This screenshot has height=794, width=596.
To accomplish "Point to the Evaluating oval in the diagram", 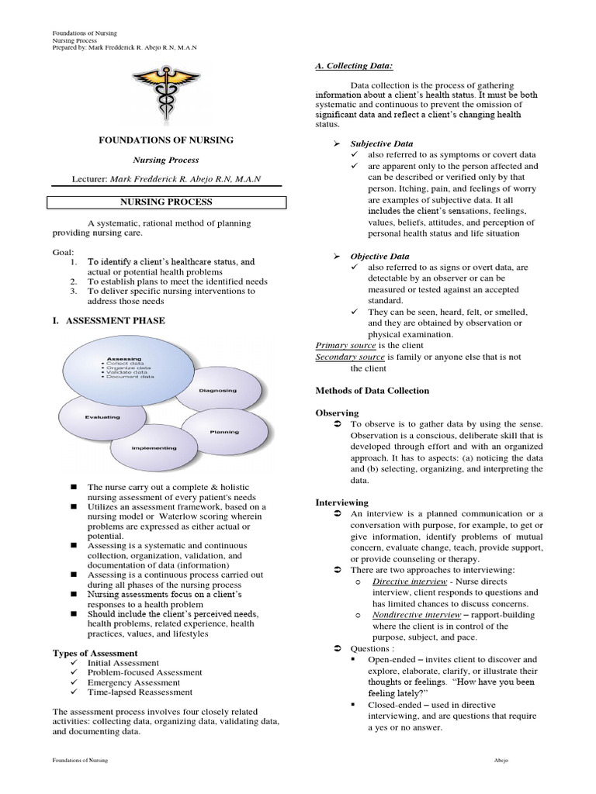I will coord(102,417).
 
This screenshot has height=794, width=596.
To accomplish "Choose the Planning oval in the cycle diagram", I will coord(224,431).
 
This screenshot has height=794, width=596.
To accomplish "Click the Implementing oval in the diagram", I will coord(154,448).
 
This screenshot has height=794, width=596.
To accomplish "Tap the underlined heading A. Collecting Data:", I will coord(348,67).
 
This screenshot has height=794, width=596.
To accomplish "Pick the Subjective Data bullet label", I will coord(381,143).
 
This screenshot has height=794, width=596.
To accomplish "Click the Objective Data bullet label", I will coord(379,256).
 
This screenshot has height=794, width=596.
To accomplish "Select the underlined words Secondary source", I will coord(350,357).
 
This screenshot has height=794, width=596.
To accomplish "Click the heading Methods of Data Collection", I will coord(372,391).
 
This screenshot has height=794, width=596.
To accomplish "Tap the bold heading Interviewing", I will coord(341,502).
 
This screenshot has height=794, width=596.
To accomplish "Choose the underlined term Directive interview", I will coord(409,581).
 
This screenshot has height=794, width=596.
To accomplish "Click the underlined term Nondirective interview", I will coord(417,614).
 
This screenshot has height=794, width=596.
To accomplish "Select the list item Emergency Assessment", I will coord(134,683).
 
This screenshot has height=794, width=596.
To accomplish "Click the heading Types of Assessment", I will coord(95,653).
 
